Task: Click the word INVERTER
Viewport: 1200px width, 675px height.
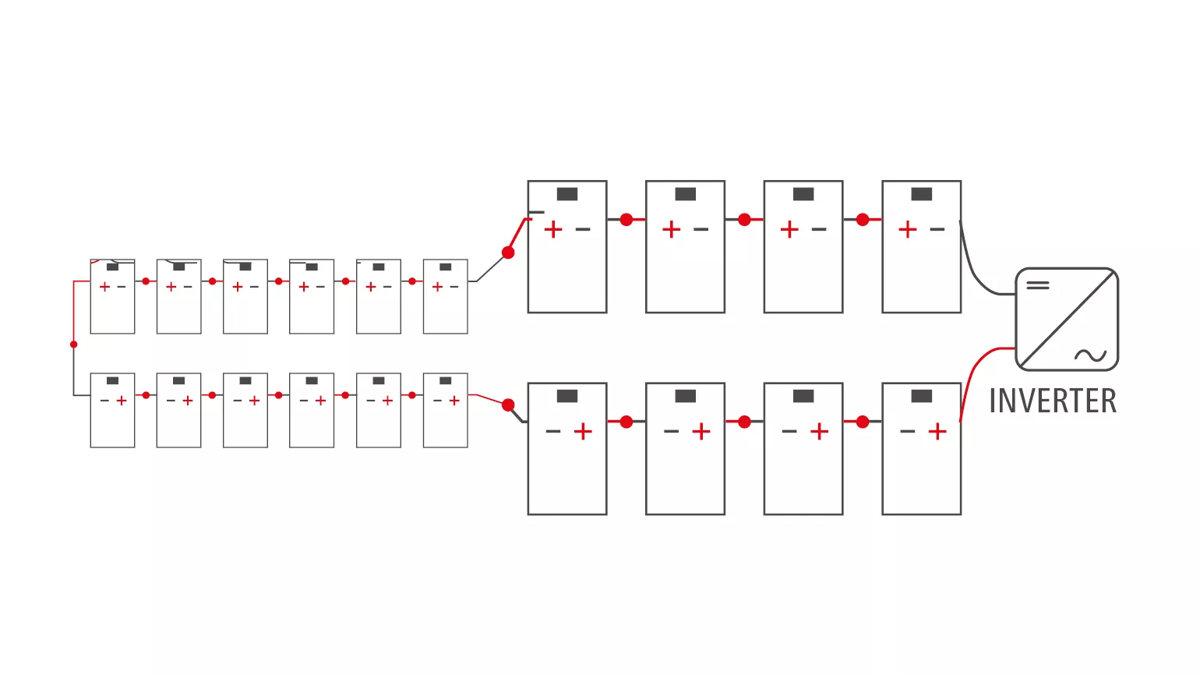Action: pyautogui.click(x=1053, y=401)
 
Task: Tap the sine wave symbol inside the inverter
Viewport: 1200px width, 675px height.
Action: pyautogui.click(x=1090, y=355)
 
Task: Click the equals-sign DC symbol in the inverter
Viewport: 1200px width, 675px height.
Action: pyautogui.click(x=1038, y=285)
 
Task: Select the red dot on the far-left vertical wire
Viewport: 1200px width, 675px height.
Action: pyautogui.click(x=74, y=345)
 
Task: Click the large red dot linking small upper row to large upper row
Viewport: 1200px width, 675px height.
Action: pyautogui.click(x=508, y=253)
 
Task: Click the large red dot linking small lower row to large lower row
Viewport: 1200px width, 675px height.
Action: pyautogui.click(x=508, y=405)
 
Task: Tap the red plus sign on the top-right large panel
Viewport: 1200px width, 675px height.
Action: pyautogui.click(x=908, y=230)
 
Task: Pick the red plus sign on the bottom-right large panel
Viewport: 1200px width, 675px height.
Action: pyautogui.click(x=937, y=432)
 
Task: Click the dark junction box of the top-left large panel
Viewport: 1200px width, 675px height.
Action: pyautogui.click(x=567, y=194)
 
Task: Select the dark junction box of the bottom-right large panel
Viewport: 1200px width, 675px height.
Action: pyautogui.click(x=921, y=396)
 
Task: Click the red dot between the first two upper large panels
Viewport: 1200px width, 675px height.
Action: pyautogui.click(x=626, y=220)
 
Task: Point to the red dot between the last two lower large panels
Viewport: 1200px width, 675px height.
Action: pyautogui.click(x=863, y=422)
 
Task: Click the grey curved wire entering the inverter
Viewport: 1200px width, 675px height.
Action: pyautogui.click(x=974, y=274)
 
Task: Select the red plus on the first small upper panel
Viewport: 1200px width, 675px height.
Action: pyautogui.click(x=104, y=287)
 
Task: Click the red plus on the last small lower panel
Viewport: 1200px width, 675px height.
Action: pyautogui.click(x=454, y=401)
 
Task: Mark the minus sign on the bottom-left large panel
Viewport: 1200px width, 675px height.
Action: pyautogui.click(x=553, y=432)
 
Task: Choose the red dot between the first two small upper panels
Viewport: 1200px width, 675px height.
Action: pyautogui.click(x=146, y=281)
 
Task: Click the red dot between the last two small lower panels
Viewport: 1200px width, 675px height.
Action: pyautogui.click(x=412, y=395)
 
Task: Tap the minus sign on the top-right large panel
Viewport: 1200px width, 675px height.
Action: pyautogui.click(x=937, y=230)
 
